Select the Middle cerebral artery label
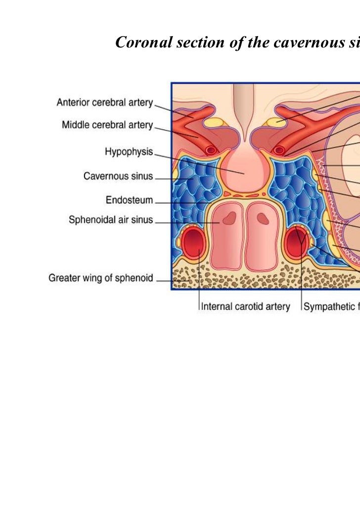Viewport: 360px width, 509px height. pos(107,125)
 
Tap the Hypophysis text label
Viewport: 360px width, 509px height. pos(129,152)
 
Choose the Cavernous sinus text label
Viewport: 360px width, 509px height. pos(118,176)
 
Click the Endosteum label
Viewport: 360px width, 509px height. pos(129,200)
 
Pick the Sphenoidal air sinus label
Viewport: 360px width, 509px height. pos(111,220)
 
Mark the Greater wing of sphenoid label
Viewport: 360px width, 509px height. pos(100,278)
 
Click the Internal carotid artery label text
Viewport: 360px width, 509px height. pos(245,307)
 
